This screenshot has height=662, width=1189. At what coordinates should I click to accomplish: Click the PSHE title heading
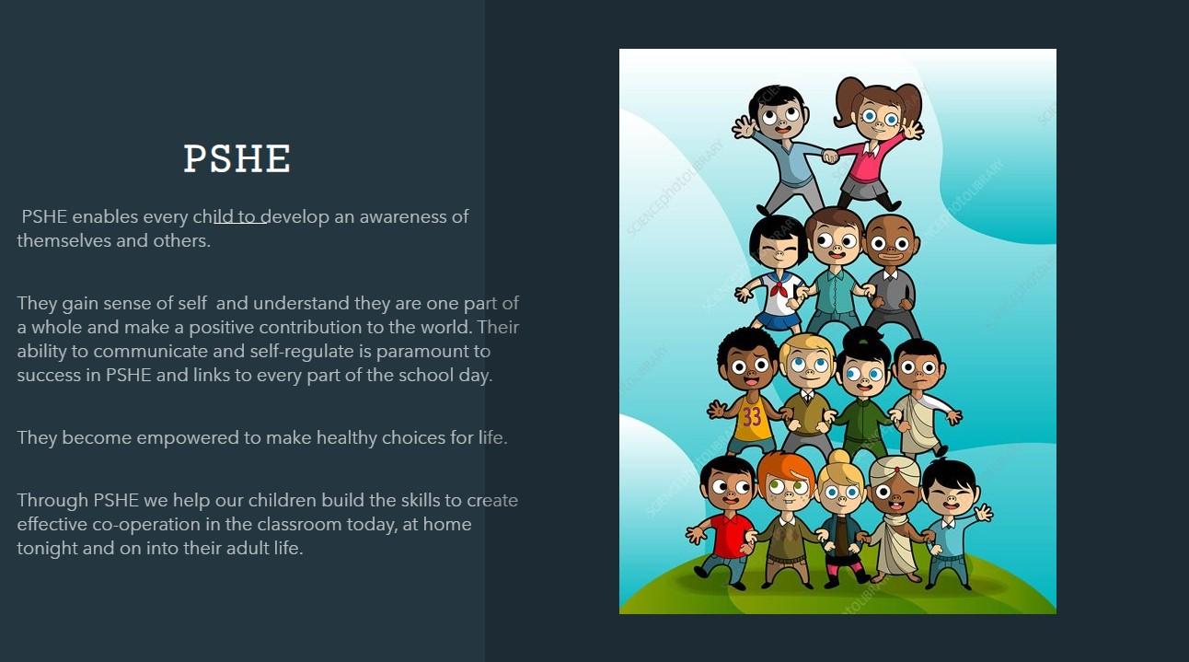click(237, 158)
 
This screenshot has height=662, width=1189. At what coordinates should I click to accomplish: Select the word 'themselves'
click(64, 240)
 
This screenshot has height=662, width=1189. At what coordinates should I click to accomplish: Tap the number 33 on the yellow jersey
click(752, 417)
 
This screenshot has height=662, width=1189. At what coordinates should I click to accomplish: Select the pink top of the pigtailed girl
click(872, 159)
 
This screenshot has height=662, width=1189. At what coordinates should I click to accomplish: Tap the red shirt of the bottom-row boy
click(730, 536)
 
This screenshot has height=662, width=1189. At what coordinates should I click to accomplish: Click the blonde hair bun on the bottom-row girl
click(838, 459)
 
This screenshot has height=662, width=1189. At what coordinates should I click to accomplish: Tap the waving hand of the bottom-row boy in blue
click(983, 512)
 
